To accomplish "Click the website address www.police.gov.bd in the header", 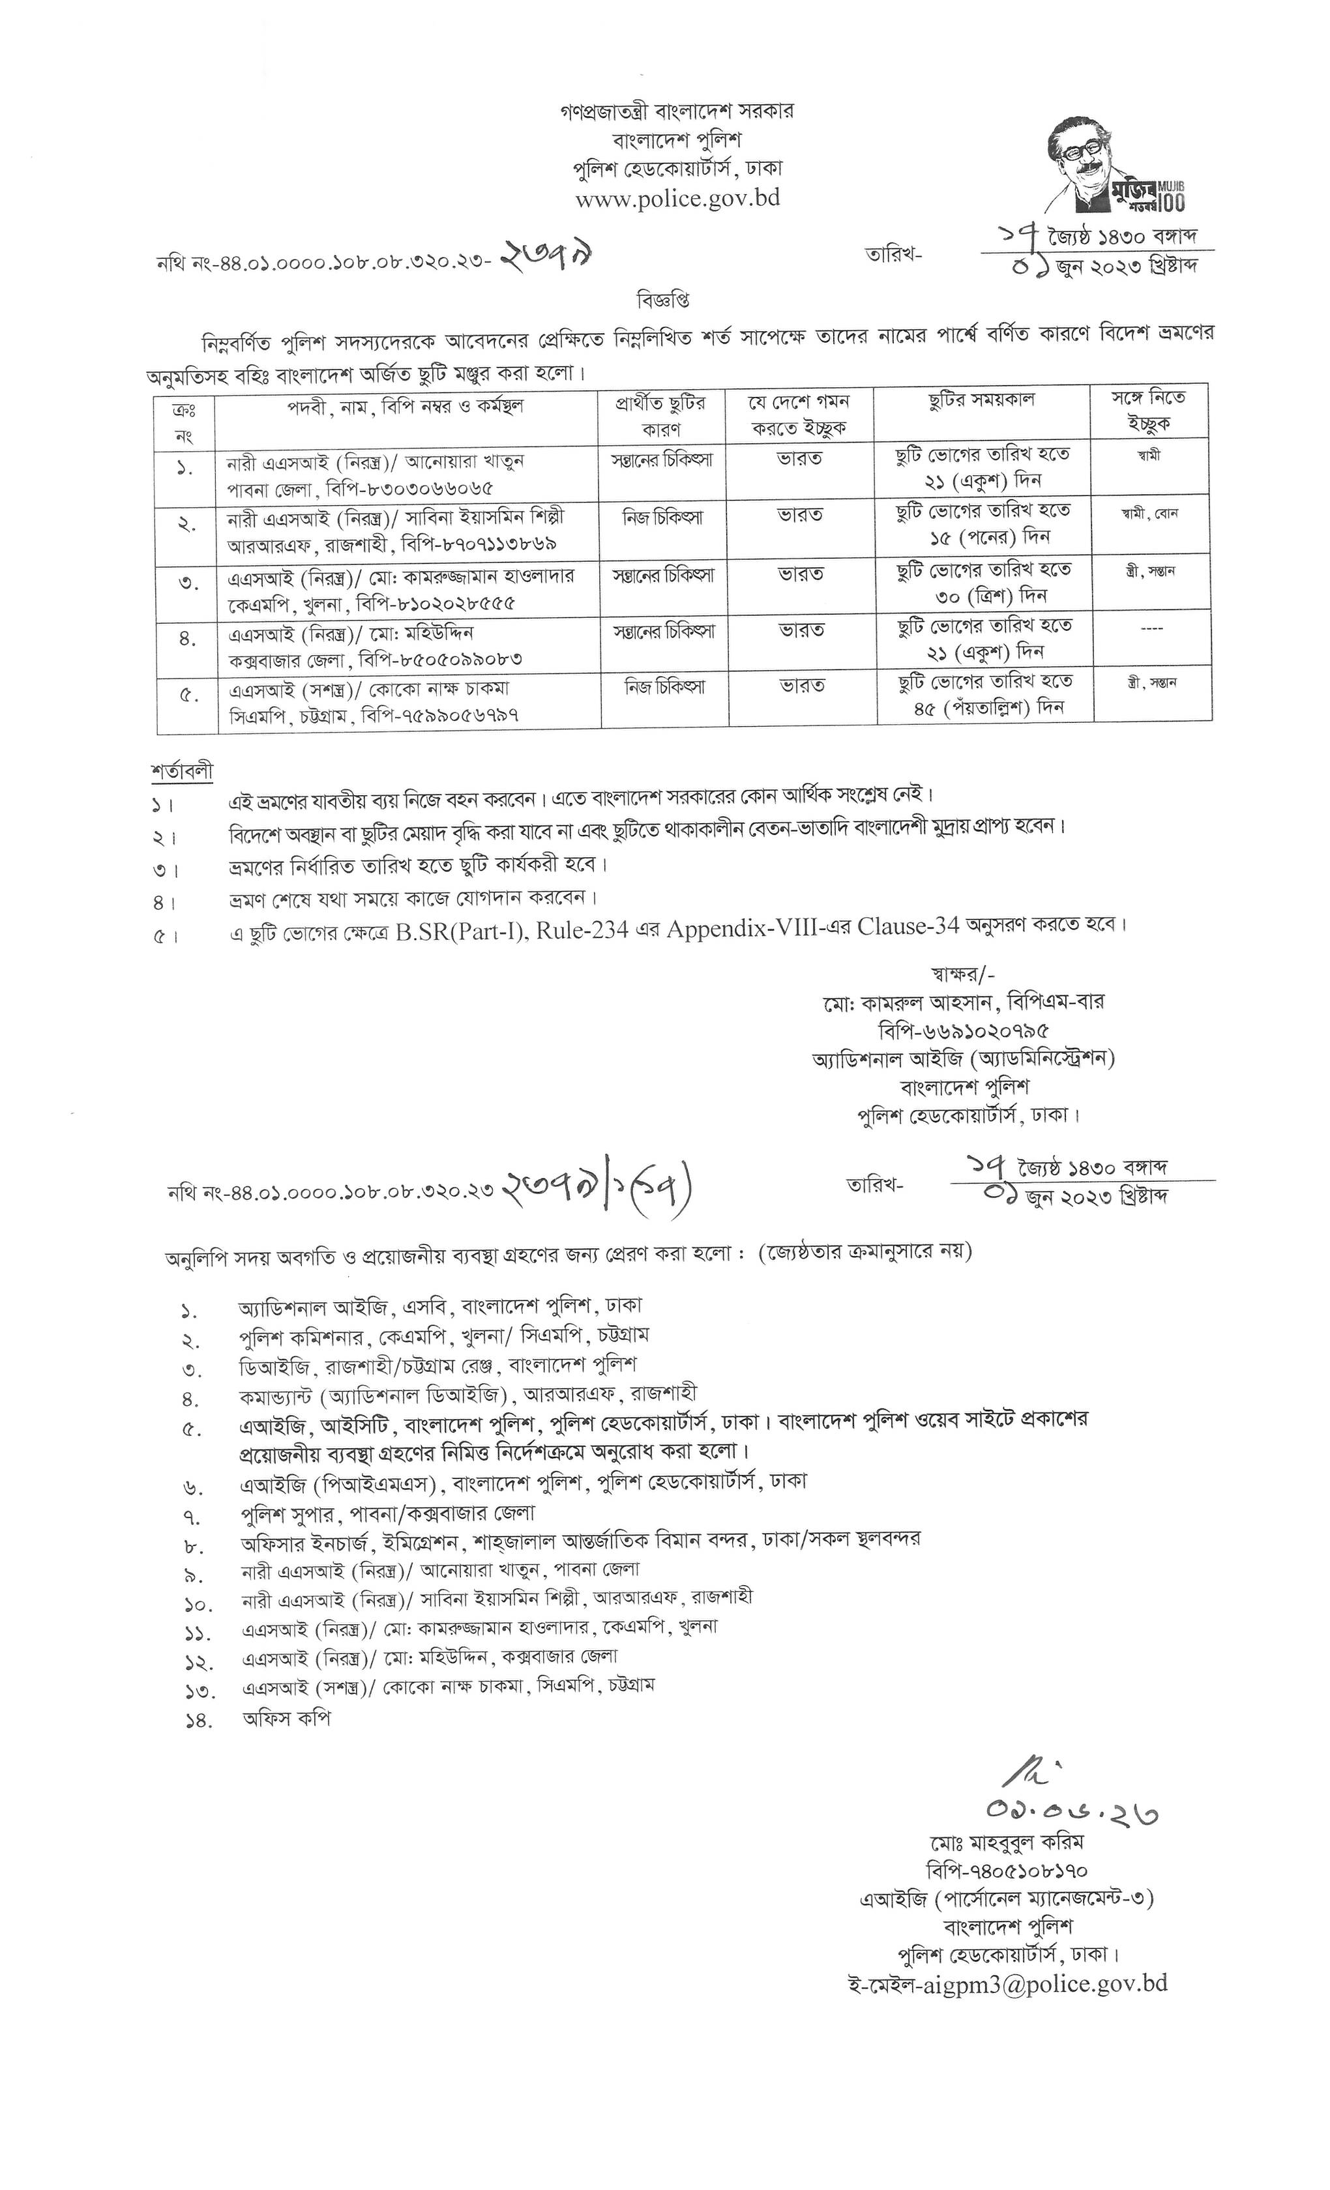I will tap(677, 198).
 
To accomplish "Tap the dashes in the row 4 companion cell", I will tap(1151, 628).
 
